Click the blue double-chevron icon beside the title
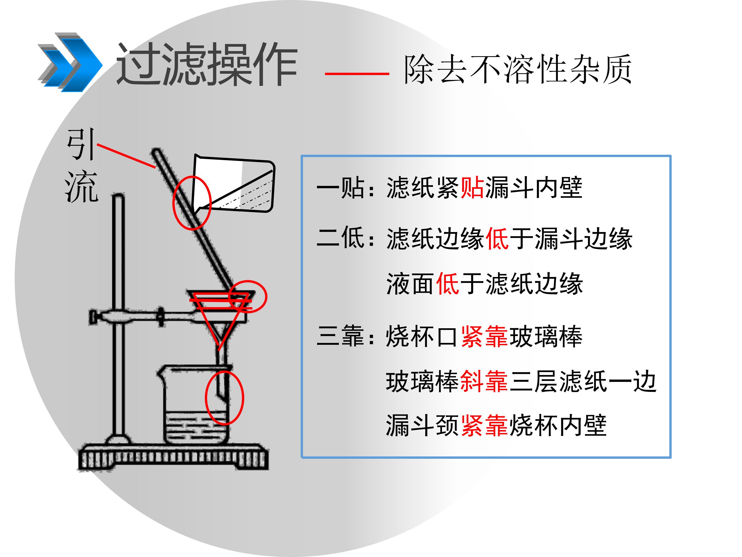[70, 62]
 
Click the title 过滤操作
[207, 64]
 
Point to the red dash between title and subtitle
[357, 73]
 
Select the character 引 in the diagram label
[81, 144]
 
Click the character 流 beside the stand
[81, 186]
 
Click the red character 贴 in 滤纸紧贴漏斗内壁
[472, 188]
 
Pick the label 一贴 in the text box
[341, 188]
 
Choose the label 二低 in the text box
[341, 237]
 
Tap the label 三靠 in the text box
[341, 336]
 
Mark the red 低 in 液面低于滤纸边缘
[448, 284]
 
